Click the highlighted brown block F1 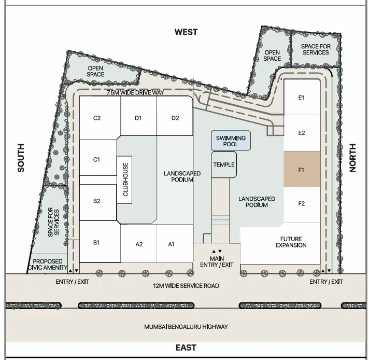[302, 169]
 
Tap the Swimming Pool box [231, 141]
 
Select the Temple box [224, 164]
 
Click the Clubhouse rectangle [124, 179]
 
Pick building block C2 [100, 118]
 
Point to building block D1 [138, 116]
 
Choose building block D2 [175, 116]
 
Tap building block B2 [98, 203]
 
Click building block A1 [175, 244]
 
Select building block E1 [302, 98]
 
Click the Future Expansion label [291, 242]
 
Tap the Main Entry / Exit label [217, 262]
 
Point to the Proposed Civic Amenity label [48, 265]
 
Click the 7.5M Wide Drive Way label [135, 92]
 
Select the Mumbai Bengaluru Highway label [186, 327]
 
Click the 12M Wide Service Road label [186, 286]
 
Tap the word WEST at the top [186, 32]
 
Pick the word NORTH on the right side [352, 158]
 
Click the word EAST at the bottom [186, 348]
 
